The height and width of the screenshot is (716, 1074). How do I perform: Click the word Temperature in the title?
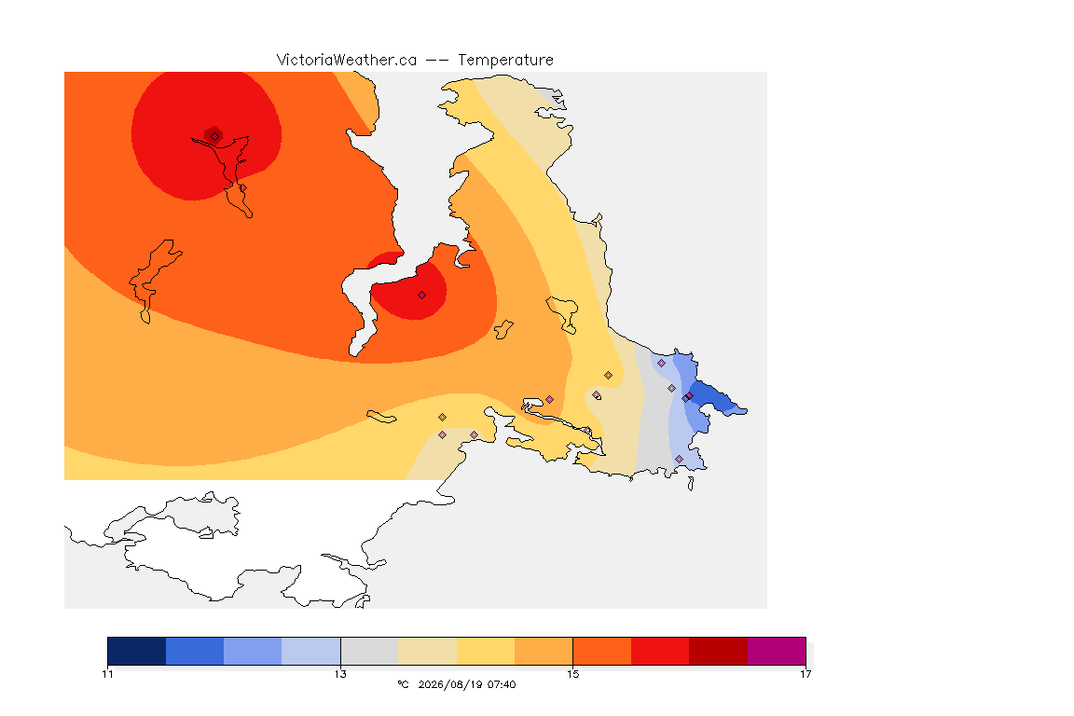click(x=505, y=61)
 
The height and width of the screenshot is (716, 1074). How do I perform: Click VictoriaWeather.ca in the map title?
click(x=347, y=61)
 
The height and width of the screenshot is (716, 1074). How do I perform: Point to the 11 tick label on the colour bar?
click(x=107, y=674)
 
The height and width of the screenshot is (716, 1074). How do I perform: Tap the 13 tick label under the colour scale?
click(x=340, y=674)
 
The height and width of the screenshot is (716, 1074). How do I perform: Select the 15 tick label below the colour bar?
click(x=572, y=674)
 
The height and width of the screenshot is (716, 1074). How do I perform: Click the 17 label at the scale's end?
click(x=805, y=674)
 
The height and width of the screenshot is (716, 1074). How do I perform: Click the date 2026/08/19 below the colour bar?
click(x=449, y=684)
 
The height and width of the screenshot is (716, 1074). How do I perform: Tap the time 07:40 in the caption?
click(x=502, y=684)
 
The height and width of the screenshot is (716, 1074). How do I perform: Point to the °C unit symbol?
click(x=403, y=684)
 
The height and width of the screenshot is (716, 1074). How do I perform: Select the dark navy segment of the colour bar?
click(x=137, y=651)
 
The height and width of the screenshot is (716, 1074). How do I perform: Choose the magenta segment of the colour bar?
click(x=776, y=651)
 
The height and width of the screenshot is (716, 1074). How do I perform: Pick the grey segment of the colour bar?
click(x=369, y=651)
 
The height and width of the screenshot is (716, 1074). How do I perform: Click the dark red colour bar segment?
click(x=718, y=651)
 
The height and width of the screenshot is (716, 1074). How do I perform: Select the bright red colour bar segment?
click(x=660, y=651)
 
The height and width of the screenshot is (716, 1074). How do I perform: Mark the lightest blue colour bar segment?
click(x=311, y=651)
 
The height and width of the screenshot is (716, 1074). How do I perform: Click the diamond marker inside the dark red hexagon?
click(x=214, y=136)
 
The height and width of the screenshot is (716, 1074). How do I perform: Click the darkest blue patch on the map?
click(x=715, y=399)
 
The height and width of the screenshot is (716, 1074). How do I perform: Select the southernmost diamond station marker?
click(x=679, y=459)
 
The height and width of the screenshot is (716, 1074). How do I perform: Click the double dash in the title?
click(x=437, y=61)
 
